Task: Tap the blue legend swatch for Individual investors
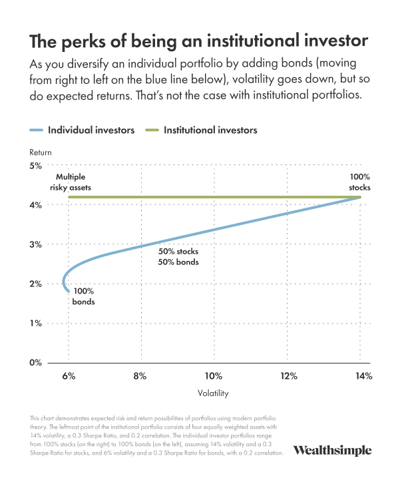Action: coord(36,130)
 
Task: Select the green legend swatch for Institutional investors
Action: coord(152,130)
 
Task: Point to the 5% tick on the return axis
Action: coord(35,166)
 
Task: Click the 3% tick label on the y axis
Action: coord(35,244)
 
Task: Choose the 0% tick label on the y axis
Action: coord(35,363)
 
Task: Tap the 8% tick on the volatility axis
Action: coord(140,376)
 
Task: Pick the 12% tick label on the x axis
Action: coord(289,376)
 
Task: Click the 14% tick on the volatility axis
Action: coord(363,376)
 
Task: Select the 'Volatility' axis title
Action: coord(213,393)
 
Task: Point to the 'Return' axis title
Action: coord(41,152)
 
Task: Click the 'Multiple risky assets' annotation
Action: coord(71,182)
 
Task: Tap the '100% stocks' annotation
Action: coord(359,182)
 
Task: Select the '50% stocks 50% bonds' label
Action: coord(178,257)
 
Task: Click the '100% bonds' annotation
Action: coord(83,296)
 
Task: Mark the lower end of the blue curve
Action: coord(69,292)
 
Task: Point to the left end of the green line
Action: coord(69,197)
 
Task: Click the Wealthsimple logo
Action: coord(332,450)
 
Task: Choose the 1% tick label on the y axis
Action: coord(35,324)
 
